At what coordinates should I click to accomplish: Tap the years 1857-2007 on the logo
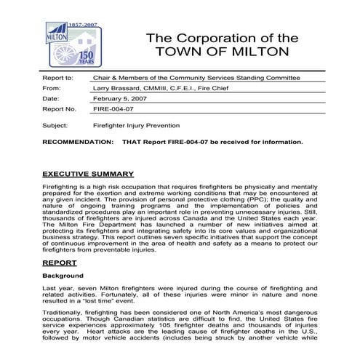[86, 24]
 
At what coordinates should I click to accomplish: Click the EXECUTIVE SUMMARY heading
[87, 174]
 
